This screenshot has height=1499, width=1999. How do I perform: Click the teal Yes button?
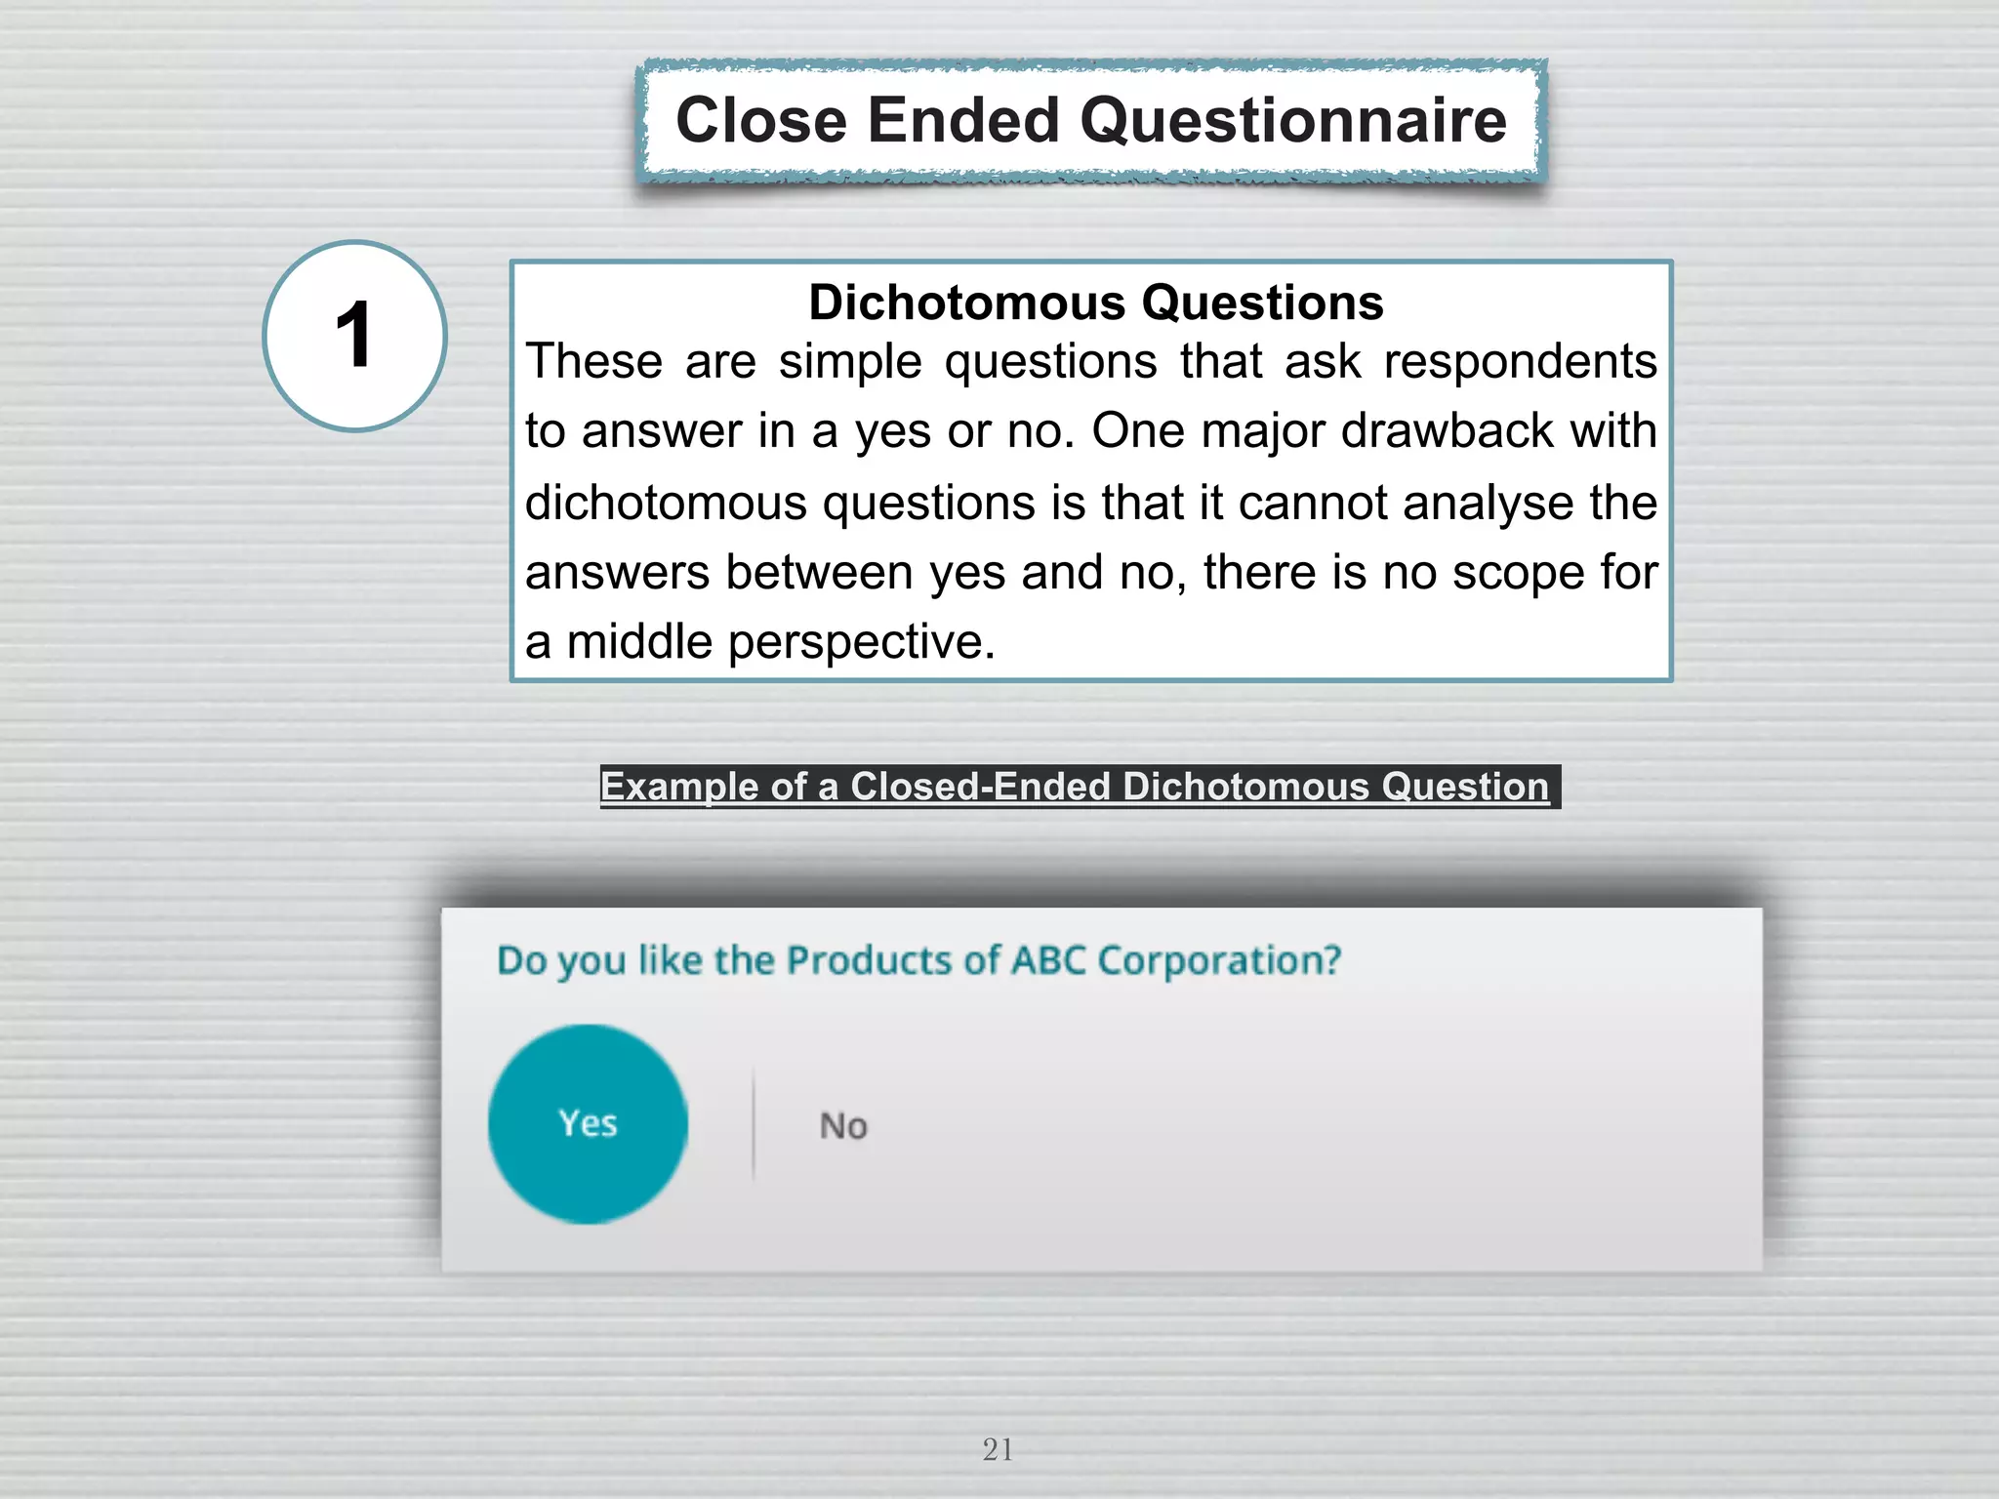pos(588,1124)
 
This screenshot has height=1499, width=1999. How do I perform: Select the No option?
pos(843,1126)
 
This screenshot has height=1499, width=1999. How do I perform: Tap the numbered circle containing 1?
pos(354,336)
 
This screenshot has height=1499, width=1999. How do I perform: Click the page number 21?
pos(998,1449)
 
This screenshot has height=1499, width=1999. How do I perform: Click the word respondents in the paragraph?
pos(1520,362)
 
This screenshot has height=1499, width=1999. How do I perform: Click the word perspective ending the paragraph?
pos(861,643)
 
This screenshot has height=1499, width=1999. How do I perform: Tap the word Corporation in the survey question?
pos(1219,961)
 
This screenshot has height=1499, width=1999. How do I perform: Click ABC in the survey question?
pos(1048,961)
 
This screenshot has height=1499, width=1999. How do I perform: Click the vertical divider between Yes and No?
pos(754,1124)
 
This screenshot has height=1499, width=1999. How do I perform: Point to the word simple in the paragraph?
pos(849,362)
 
